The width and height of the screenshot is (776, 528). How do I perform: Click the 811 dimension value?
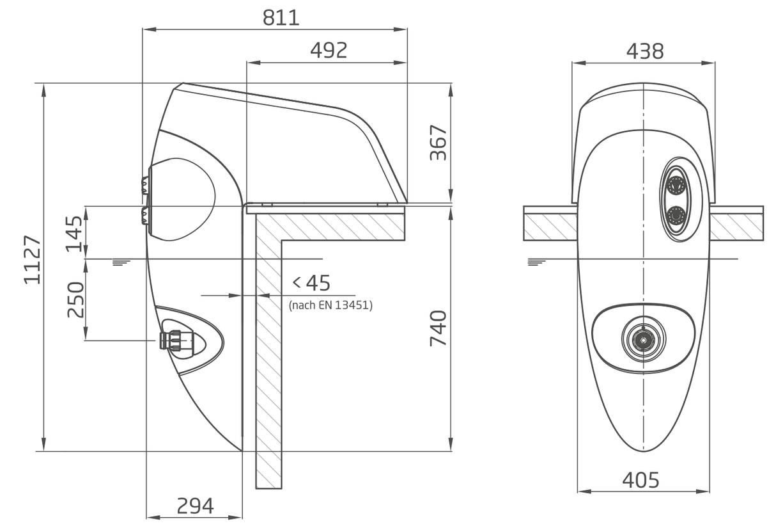(x=281, y=18)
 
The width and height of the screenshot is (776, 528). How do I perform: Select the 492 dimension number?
(x=329, y=51)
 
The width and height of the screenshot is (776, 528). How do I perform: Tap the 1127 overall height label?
(x=32, y=259)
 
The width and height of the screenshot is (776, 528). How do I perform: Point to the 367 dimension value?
(x=438, y=143)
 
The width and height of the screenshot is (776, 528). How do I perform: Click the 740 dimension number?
(x=438, y=328)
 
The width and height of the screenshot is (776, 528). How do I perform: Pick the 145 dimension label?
(x=75, y=234)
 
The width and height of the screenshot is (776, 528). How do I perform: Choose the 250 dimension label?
(x=75, y=300)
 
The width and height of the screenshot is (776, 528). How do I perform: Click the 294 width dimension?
(x=195, y=506)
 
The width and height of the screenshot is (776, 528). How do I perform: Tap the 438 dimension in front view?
(x=645, y=51)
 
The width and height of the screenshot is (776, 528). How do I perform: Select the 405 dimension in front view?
(x=640, y=481)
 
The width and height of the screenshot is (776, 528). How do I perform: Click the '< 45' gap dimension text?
(x=312, y=283)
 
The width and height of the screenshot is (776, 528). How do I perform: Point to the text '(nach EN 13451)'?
(x=330, y=305)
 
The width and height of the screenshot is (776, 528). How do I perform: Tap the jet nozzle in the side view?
(x=176, y=340)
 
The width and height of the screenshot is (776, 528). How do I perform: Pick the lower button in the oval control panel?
(x=675, y=216)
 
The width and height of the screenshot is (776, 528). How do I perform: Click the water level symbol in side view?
(x=121, y=262)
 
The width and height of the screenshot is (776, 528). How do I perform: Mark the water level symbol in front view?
(x=537, y=262)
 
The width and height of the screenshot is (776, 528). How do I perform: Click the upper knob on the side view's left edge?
(x=145, y=186)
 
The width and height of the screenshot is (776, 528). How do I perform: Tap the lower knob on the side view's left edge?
(x=146, y=216)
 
